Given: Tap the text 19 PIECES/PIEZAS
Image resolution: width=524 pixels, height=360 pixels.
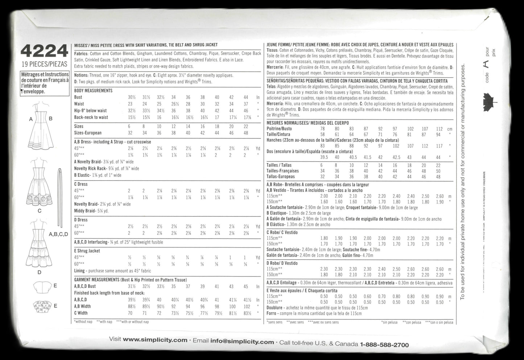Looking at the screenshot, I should point(44,65).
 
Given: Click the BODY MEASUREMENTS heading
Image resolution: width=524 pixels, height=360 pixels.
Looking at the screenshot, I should point(93,91).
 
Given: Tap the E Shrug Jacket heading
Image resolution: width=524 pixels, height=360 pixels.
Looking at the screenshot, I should point(87,251).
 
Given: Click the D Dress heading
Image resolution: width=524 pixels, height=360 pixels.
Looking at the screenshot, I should point(81,220).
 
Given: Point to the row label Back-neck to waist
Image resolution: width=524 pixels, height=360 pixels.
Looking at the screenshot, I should point(91,117).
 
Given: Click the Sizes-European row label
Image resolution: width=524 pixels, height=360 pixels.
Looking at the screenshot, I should point(88,133).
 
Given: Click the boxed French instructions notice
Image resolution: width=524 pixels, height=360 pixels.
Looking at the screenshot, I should point(44,83).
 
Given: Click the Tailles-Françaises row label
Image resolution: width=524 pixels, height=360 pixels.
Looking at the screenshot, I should point(282,171).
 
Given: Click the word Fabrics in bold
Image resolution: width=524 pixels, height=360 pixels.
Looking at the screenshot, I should point(81,53).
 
